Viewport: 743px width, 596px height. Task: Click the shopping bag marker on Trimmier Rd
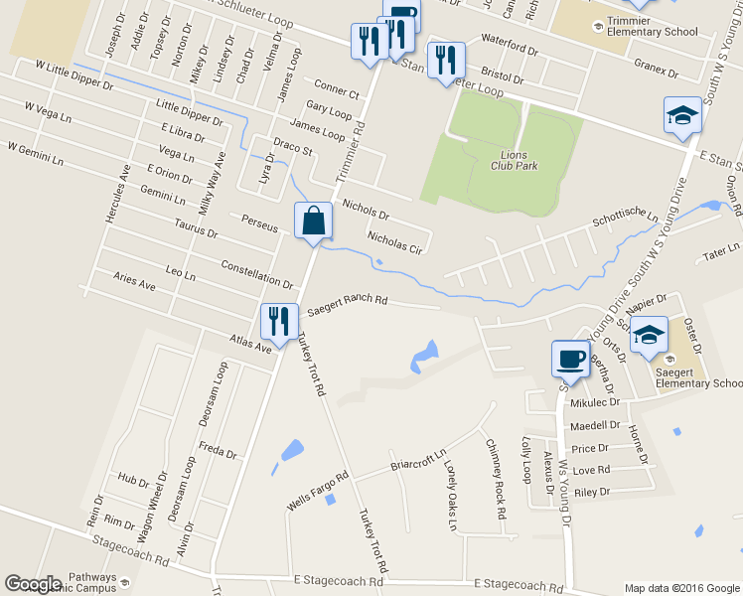tap(313, 223)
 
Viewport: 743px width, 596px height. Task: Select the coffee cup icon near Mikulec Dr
tap(571, 359)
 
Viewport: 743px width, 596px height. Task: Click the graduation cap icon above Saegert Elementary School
tap(650, 336)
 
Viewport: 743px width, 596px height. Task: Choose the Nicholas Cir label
tap(395, 243)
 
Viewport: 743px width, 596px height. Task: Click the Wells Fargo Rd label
tap(318, 492)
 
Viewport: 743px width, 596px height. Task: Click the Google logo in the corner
tap(33, 584)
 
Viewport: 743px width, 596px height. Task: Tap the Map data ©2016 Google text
tap(681, 587)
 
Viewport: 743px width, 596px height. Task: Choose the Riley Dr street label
tap(591, 492)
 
